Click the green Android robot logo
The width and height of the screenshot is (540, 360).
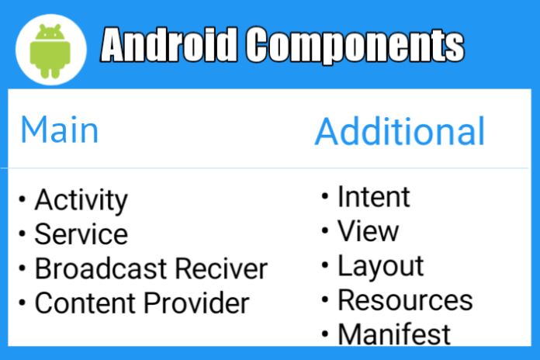(50, 50)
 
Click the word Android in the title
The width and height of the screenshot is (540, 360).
(169, 45)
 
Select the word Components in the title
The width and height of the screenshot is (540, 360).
(355, 46)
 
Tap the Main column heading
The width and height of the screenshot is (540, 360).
(60, 130)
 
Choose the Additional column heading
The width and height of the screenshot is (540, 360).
(400, 131)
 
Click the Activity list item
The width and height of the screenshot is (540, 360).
(81, 200)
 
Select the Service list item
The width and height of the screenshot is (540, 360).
(81, 234)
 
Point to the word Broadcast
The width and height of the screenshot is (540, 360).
(101, 268)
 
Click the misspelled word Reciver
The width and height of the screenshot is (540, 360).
(221, 268)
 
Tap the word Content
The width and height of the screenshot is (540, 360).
(85, 303)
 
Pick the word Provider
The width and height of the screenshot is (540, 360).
(196, 303)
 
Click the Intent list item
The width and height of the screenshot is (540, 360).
(374, 196)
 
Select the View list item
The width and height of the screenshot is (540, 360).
(369, 230)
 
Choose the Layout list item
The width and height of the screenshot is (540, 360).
(380, 267)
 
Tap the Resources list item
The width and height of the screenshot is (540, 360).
(405, 300)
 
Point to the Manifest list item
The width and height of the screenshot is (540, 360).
(394, 334)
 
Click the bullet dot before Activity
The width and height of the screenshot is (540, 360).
(22, 199)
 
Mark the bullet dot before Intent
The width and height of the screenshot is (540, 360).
(325, 196)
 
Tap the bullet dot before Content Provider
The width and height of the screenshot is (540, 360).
(22, 303)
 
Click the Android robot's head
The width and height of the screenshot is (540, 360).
(50, 32)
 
